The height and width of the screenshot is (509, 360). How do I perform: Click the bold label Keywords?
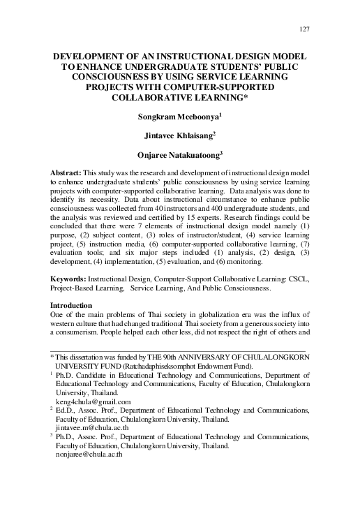(72, 298)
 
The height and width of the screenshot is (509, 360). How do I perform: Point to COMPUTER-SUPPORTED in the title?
(213, 86)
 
